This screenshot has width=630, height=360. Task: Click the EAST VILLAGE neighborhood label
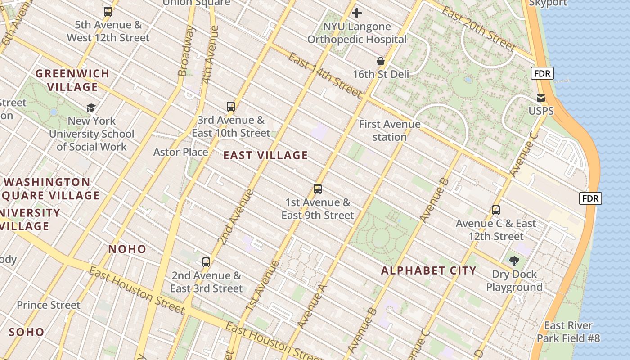tap(265, 156)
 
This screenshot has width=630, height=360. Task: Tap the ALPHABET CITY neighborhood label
tap(428, 270)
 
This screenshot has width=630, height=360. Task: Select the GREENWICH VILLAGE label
tap(73, 80)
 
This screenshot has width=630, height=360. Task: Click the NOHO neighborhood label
tap(127, 249)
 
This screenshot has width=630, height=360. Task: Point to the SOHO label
tap(27, 333)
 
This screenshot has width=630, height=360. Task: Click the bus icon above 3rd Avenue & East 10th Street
tap(231, 107)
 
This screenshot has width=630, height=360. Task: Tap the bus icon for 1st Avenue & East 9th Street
tap(318, 189)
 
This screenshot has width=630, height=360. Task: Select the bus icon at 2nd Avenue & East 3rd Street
tap(206, 262)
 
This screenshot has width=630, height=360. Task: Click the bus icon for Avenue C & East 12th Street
tap(496, 210)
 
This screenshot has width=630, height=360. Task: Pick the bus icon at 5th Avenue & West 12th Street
tap(108, 12)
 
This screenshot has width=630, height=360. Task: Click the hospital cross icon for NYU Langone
tap(357, 13)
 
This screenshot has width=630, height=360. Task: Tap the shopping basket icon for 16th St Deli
tap(381, 61)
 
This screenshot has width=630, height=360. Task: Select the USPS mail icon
tap(541, 98)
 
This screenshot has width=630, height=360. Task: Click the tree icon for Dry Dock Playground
tap(514, 261)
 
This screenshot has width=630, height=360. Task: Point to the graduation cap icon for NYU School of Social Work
tap(91, 108)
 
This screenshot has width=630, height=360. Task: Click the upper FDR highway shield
tap(542, 73)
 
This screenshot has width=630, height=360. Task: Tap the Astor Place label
tap(180, 152)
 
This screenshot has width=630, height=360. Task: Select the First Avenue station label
tap(390, 130)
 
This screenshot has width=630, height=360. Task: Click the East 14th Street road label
tap(324, 75)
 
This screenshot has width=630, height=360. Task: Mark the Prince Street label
tap(49, 305)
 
